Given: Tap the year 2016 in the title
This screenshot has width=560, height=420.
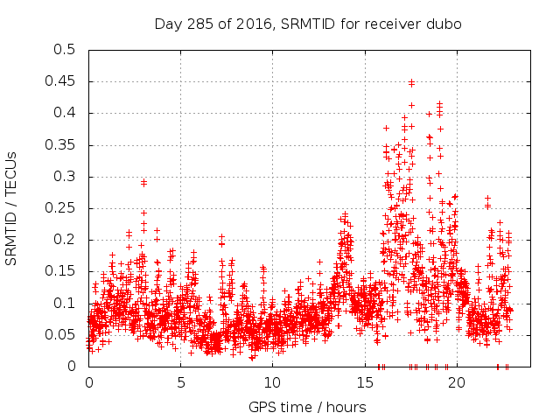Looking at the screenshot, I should point(248,24).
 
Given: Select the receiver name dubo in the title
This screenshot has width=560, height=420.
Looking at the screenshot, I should point(444,24).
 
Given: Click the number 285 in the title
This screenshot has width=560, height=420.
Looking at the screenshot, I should point(206,24).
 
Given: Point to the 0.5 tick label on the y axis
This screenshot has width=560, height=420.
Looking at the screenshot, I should point(65,50).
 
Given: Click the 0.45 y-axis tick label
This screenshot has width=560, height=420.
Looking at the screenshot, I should point(61,81).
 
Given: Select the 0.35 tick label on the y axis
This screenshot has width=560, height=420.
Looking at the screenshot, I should point(61,144).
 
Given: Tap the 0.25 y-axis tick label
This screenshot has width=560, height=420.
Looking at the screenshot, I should point(61,208).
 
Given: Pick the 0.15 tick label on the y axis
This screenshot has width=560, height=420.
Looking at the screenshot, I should point(61,271).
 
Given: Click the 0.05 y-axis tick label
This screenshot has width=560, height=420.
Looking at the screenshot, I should point(61,334).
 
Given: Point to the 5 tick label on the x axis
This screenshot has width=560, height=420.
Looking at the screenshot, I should point(180,382).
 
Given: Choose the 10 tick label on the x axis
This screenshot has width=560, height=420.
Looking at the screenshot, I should point(272,382).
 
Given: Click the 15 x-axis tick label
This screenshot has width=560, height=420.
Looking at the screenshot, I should point(364,382).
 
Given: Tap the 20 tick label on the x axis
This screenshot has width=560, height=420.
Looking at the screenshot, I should point(456,382).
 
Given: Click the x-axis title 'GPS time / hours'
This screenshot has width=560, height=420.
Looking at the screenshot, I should point(307,407).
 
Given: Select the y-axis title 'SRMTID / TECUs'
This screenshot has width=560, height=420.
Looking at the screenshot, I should point(12,207).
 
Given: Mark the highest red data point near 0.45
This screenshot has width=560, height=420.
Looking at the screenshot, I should point(411,82).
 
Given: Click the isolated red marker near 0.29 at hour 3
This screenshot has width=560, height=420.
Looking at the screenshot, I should point(143,182).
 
